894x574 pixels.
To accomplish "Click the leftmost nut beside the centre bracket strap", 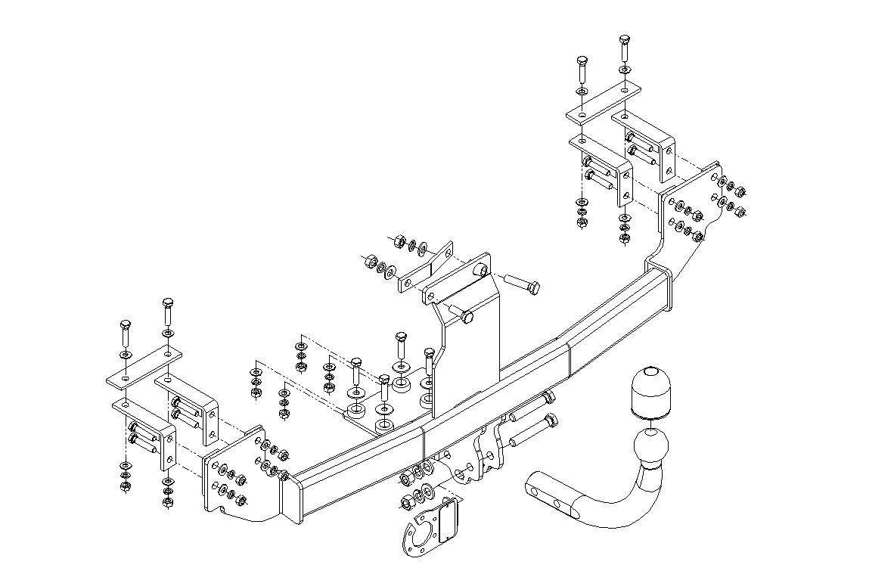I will pos(371,262).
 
